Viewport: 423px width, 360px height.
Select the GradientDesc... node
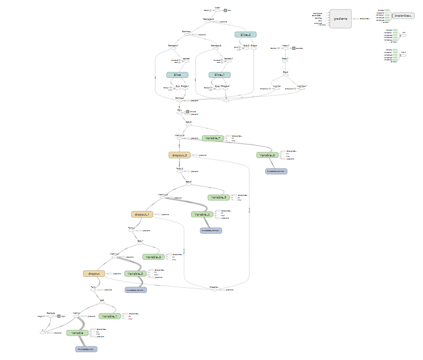click(x=403, y=16)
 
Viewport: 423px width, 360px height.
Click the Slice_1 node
click(x=219, y=75)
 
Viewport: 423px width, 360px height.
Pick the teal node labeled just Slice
click(x=177, y=75)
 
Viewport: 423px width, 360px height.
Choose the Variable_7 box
click(x=212, y=138)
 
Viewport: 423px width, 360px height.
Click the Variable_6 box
click(x=267, y=155)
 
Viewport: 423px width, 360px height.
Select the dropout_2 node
click(x=180, y=155)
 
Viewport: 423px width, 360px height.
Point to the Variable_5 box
click(x=218, y=197)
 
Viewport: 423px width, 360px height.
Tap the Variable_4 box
click(x=202, y=214)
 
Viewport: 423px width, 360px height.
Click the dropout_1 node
click(x=142, y=214)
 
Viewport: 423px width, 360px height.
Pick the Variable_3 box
click(x=154, y=257)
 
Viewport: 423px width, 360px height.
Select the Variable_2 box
click(x=135, y=273)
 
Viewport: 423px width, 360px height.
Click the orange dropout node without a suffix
click(x=94, y=273)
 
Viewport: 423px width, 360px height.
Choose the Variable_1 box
click(x=111, y=316)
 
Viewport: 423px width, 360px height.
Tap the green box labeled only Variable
click(x=77, y=332)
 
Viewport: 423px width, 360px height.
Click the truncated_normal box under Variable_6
click(x=276, y=170)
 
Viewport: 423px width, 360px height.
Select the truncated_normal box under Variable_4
click(x=211, y=230)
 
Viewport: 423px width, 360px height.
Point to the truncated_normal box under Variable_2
click(x=136, y=290)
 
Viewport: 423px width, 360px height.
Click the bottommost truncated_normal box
click(x=86, y=349)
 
